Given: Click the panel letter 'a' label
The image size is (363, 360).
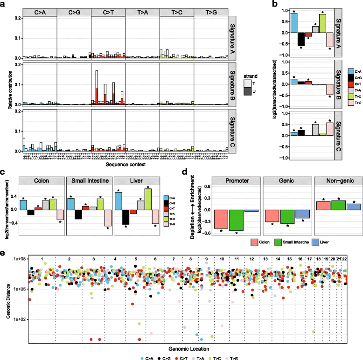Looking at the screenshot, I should (x=4, y=4).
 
